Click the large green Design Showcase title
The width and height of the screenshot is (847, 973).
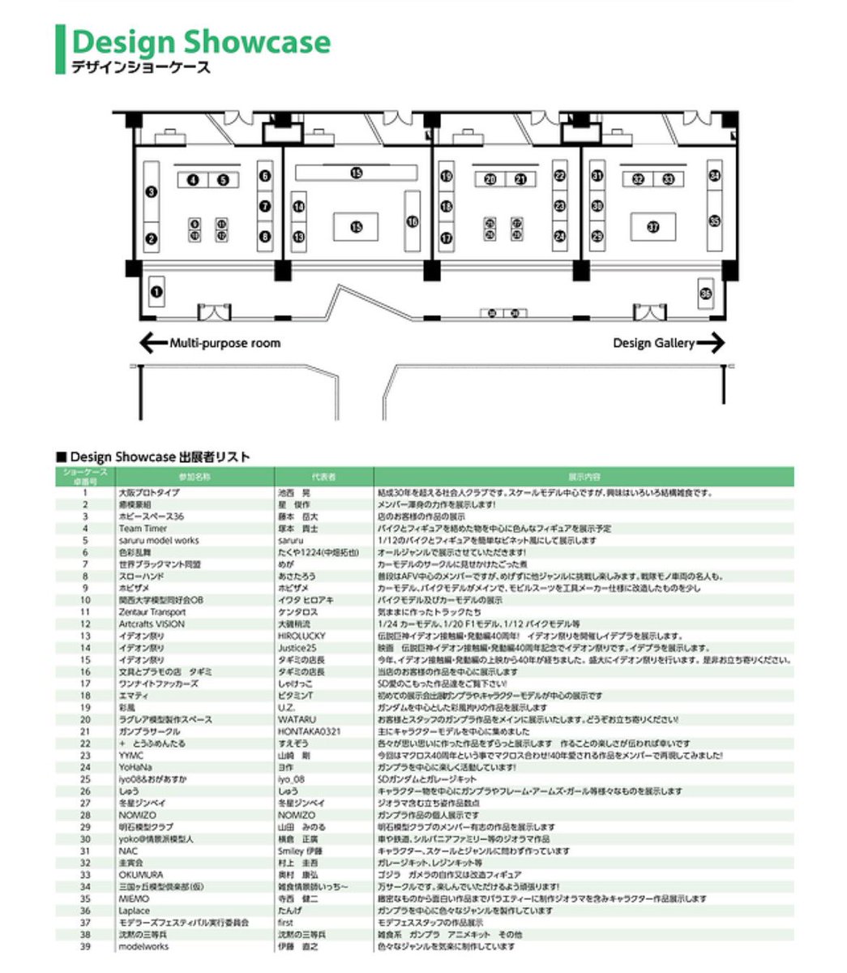[201, 42]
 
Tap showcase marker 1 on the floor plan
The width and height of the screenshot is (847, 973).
[157, 289]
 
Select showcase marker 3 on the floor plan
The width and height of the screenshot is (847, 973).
[151, 192]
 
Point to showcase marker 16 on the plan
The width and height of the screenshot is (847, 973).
[413, 221]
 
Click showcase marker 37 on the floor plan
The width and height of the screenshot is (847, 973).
[653, 227]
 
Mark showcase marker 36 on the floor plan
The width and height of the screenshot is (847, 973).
[705, 293]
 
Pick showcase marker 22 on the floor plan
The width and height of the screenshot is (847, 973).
[560, 175]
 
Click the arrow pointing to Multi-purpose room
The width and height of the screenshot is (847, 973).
[152, 343]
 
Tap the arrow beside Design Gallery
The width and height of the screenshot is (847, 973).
[710, 343]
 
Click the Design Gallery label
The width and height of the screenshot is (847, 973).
[653, 343]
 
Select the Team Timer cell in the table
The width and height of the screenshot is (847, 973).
[142, 528]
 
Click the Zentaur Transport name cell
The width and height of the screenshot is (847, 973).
[152, 612]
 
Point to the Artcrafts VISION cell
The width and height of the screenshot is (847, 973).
[151, 624]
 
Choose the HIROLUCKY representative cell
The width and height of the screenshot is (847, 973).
[302, 637]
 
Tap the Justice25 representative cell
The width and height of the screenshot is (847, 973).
[297, 648]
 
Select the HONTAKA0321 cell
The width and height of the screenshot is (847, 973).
[309, 731]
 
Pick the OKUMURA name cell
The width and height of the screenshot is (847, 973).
[140, 875]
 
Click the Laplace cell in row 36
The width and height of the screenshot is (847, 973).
[134, 911]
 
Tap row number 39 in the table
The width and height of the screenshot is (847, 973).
[85, 946]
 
